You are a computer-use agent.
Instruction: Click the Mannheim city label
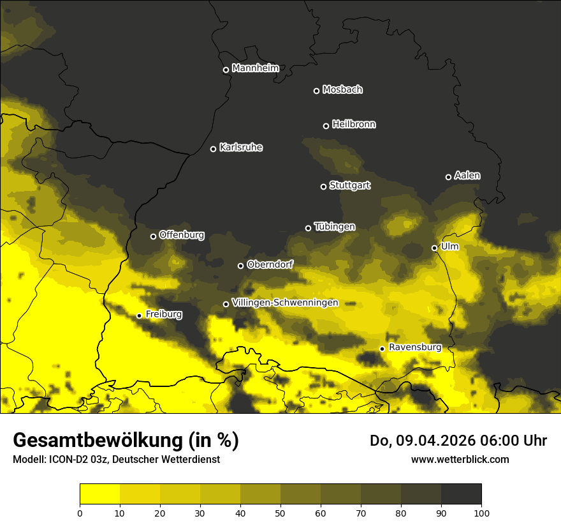(x=255, y=68)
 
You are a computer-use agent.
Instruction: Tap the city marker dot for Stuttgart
(x=323, y=186)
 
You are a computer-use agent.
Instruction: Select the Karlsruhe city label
(x=240, y=148)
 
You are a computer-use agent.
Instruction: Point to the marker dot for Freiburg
(x=139, y=315)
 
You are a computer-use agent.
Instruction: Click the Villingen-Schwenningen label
(x=285, y=303)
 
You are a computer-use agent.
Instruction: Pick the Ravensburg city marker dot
(x=382, y=349)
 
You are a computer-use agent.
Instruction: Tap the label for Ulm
(x=449, y=246)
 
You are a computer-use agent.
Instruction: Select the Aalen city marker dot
(x=448, y=177)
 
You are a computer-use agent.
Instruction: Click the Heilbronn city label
(x=354, y=125)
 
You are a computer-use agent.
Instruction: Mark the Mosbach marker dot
(x=316, y=91)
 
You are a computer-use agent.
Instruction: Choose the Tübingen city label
(x=335, y=227)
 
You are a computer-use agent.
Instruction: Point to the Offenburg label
(x=182, y=235)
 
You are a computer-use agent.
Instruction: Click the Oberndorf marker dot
(x=240, y=266)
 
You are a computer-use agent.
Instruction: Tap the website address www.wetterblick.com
(x=460, y=459)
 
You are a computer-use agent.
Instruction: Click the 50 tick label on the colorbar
(x=280, y=513)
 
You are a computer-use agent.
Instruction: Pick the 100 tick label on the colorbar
(x=481, y=513)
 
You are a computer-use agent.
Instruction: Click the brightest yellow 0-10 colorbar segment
(x=99, y=494)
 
